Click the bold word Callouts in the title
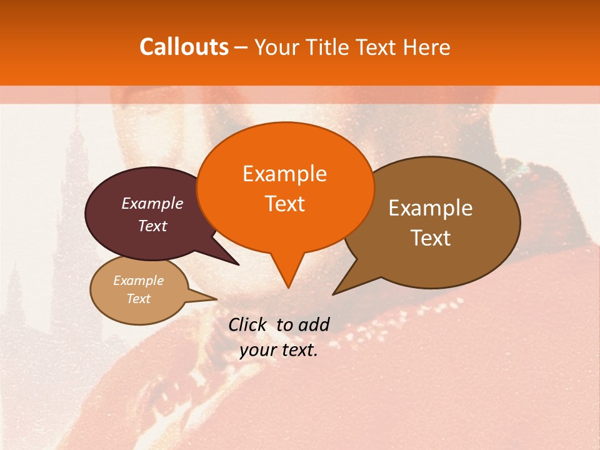coord(184,47)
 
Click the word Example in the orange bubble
coord(284,174)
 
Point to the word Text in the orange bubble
coord(284,204)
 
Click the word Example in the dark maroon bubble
coord(152,203)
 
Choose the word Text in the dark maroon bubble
coord(152,226)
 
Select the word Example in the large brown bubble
coord(431,208)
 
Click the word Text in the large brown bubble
coord(431,238)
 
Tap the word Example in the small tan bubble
coord(138,281)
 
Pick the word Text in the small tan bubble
coord(138,299)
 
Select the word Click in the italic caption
coord(248,324)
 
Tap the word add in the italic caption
coord(314,324)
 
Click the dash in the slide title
coord(241,47)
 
